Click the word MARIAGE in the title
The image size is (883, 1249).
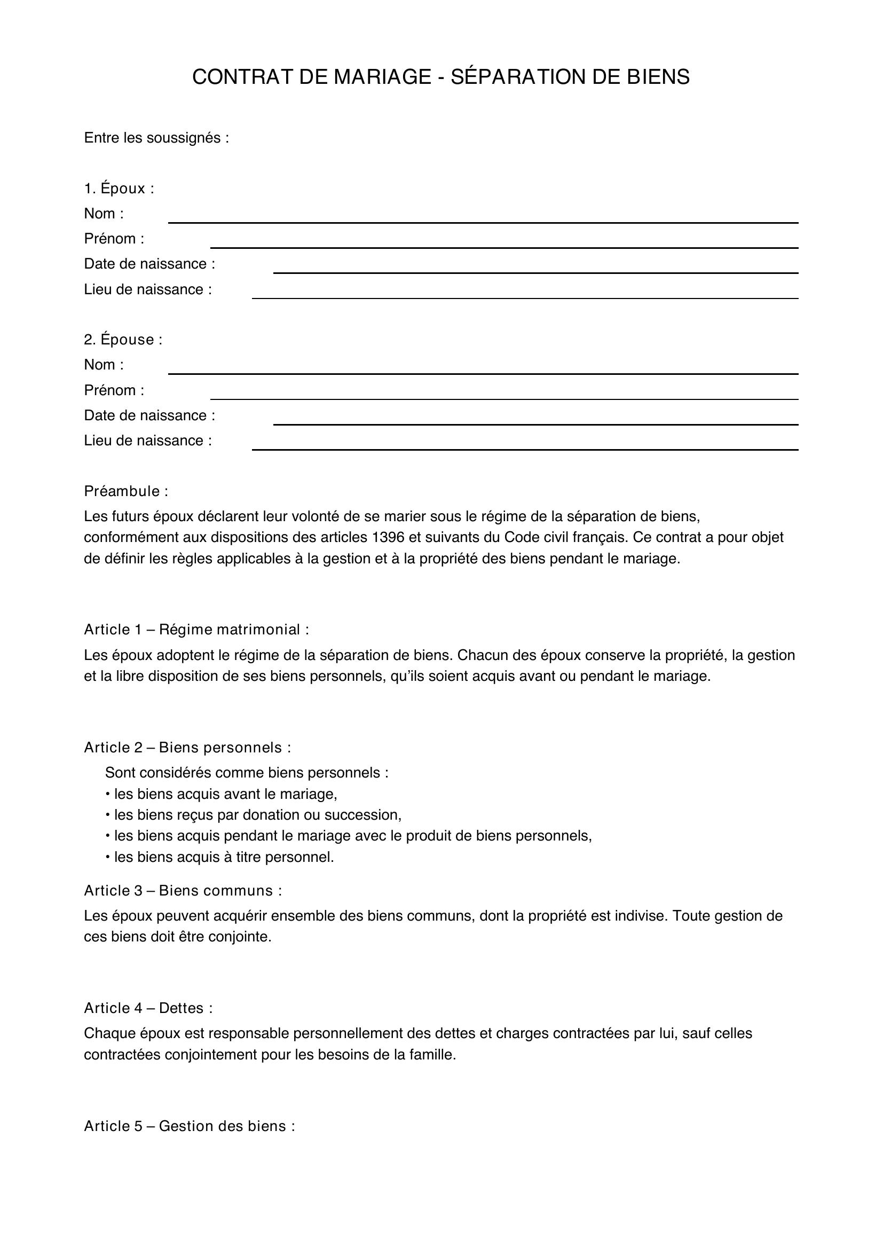coord(382,77)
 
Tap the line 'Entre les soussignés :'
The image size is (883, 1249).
coord(156,138)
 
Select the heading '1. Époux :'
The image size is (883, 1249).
coord(119,188)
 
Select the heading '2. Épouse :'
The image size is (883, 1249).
coord(123,340)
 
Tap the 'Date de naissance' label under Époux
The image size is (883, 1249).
coord(149,264)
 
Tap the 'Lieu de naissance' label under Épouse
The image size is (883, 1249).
coord(147,441)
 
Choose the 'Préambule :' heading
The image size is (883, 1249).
coord(125,492)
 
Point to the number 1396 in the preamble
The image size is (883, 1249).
coord(388,538)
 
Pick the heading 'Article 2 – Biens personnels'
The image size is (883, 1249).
coord(187,748)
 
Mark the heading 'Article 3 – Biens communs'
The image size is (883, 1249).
coord(183,891)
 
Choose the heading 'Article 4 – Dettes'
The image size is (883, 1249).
coord(148,1009)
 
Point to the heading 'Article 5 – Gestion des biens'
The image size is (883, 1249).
coord(189,1127)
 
